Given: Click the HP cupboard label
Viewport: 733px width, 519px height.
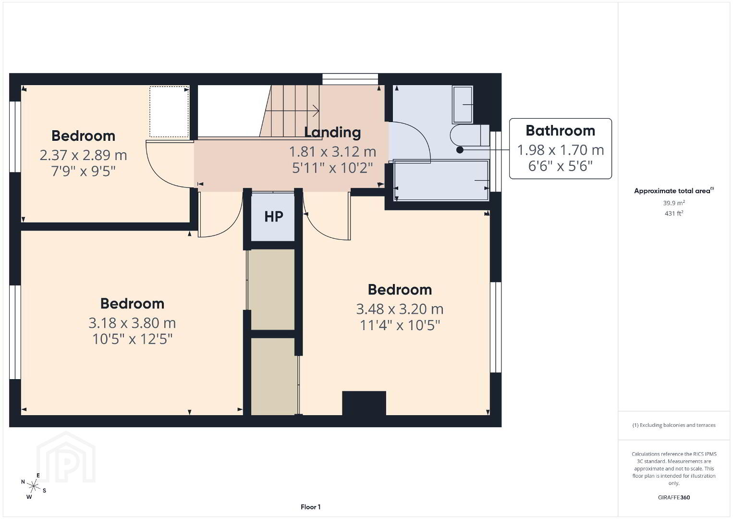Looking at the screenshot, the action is (x=274, y=216).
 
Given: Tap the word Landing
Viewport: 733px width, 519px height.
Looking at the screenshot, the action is (x=332, y=132).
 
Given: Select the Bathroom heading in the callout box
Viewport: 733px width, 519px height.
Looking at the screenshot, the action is (x=560, y=131).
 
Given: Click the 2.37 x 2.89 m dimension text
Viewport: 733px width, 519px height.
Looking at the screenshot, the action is (x=83, y=155).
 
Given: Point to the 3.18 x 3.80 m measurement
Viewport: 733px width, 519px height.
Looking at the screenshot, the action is (x=132, y=323).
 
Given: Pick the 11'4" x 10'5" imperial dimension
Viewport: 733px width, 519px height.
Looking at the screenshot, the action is (x=400, y=325).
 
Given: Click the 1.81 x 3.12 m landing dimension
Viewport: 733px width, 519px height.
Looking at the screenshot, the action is (x=332, y=152).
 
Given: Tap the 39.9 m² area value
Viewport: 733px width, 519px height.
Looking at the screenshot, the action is (x=674, y=203).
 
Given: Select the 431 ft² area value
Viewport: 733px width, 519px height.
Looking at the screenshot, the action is (x=674, y=213).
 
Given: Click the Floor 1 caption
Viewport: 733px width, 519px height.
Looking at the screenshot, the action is (x=311, y=507).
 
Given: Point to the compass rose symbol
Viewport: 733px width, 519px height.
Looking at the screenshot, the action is (x=33, y=486).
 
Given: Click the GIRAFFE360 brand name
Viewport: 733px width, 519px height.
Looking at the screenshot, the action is (x=674, y=497).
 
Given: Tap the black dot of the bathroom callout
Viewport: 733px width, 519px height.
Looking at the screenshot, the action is (x=460, y=150).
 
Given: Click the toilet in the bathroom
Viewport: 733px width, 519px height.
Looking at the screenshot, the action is (x=470, y=135).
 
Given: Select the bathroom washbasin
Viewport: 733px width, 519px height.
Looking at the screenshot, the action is (x=463, y=104).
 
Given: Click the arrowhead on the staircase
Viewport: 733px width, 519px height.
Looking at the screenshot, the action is (x=317, y=111).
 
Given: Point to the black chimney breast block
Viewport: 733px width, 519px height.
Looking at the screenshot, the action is (x=364, y=403).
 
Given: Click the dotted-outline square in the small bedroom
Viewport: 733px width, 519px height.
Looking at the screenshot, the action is (x=169, y=111).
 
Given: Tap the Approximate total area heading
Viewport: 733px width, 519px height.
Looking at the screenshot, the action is (x=674, y=191).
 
